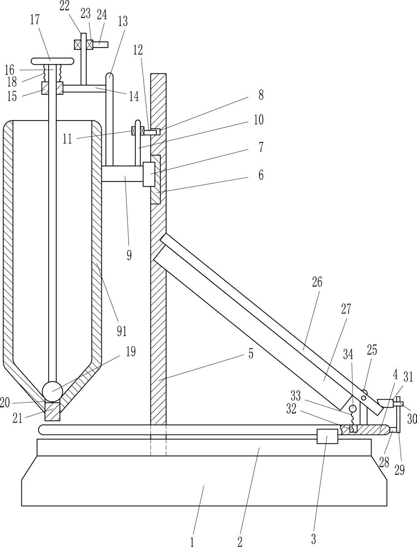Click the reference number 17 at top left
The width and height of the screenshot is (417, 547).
coord(35,20)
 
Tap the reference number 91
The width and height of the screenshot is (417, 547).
coord(121,331)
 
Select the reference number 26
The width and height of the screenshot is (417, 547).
coord(317,282)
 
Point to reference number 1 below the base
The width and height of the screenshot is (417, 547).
coord(192,541)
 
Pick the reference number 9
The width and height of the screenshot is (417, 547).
coord(129,255)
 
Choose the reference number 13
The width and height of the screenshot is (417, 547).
coord(123,21)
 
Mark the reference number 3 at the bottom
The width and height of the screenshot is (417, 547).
coord(313,539)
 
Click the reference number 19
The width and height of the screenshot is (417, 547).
coord(131,352)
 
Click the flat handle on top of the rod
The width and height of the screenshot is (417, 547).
coord(52,61)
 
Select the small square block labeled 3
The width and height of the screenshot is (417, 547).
coord(327,436)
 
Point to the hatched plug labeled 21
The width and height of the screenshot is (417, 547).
coord(52,412)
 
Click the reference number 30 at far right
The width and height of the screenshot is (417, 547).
coord(412,419)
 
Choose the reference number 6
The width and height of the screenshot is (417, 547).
coord(261,175)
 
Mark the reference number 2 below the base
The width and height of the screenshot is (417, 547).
coord(240,541)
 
